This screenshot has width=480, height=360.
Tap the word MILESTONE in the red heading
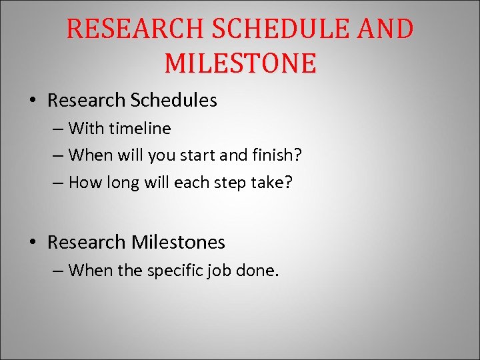(240, 63)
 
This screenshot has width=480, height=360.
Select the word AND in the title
(385, 30)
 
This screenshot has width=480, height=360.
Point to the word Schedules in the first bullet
(174, 101)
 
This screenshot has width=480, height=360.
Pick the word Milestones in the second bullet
(178, 242)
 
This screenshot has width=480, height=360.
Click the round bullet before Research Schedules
(33, 101)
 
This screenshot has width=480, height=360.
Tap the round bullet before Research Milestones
(33, 243)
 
